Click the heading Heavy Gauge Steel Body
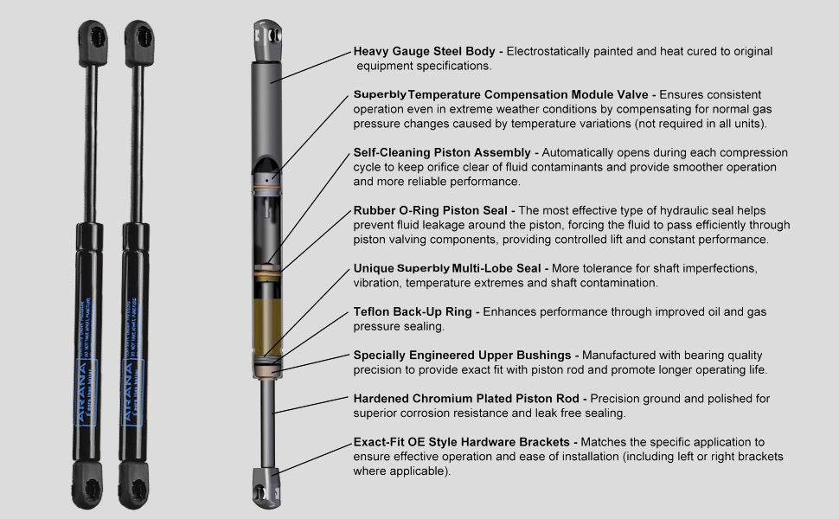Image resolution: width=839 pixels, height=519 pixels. pyautogui.click(x=427, y=52)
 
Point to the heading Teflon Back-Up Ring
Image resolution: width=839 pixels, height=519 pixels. pyautogui.click(x=413, y=311)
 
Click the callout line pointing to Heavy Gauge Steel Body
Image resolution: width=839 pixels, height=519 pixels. pyautogui.click(x=316, y=66)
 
